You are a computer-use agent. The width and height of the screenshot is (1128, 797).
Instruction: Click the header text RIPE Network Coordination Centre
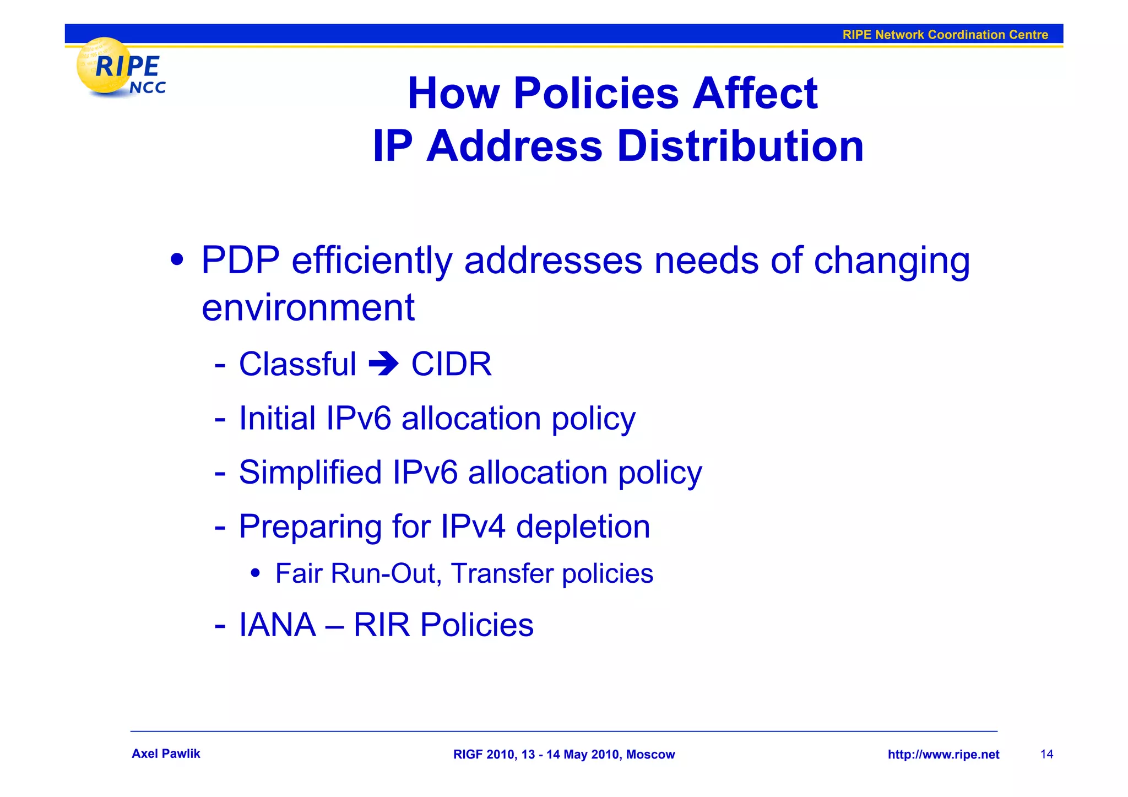945,35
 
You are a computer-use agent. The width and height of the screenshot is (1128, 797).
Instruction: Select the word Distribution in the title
740,147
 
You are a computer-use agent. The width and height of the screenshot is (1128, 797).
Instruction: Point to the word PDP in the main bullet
240,260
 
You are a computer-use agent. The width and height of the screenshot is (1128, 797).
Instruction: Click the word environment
308,307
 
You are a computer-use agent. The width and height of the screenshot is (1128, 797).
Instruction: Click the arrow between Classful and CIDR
383,364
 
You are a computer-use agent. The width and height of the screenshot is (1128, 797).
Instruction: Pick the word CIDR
451,364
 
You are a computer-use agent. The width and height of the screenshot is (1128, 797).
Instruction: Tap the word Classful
297,364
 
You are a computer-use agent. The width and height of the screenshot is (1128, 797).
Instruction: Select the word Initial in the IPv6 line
277,418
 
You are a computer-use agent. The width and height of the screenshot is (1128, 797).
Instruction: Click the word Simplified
310,472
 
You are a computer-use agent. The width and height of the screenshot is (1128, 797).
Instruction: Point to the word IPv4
473,526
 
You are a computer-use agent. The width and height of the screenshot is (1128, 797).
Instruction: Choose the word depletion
583,527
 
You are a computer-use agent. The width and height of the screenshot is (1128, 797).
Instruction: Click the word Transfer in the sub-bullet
502,573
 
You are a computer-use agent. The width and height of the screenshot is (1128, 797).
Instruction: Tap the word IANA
278,625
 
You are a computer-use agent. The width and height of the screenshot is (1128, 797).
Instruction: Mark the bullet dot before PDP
177,259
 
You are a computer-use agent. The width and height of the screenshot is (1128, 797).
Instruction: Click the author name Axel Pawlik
166,753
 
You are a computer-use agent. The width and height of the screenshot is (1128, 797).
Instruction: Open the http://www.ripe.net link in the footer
943,755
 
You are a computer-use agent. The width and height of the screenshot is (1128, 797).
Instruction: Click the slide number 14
1046,754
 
